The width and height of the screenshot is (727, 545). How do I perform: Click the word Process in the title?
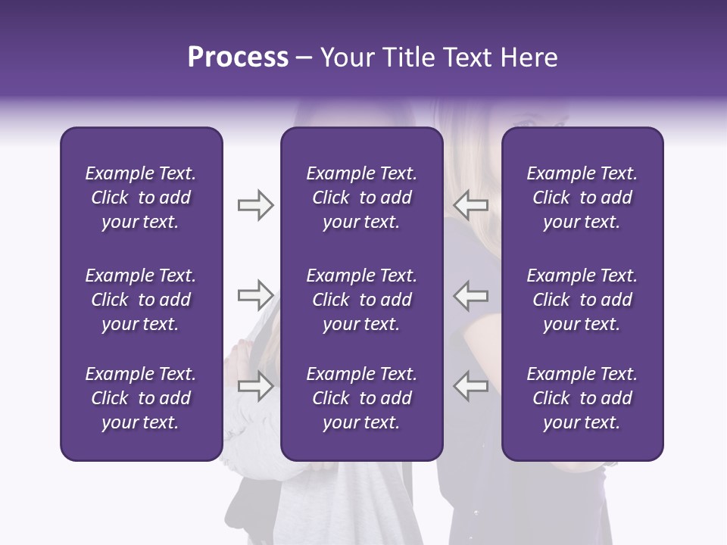(x=238, y=58)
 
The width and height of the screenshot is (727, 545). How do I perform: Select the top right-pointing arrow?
(x=255, y=205)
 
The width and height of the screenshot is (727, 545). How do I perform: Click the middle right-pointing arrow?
(x=255, y=295)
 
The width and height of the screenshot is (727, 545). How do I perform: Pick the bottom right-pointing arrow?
(x=255, y=386)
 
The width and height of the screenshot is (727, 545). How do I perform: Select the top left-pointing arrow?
(x=471, y=205)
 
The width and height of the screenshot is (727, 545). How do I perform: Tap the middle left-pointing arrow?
(x=471, y=295)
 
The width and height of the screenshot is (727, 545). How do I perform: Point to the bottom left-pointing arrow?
(x=471, y=386)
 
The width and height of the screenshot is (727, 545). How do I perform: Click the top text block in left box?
(x=141, y=198)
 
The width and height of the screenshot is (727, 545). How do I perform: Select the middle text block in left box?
(x=141, y=300)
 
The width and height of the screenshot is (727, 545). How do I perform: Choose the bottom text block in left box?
(x=141, y=398)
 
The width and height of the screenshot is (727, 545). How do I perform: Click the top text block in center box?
(x=361, y=198)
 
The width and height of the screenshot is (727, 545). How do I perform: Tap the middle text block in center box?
(x=361, y=300)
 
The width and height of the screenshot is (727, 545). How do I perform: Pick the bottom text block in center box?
(x=361, y=398)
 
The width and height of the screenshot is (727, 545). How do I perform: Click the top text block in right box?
(x=582, y=198)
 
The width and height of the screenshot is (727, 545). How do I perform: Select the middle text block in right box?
(x=582, y=300)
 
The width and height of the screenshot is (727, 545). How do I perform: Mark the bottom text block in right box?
(x=582, y=398)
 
